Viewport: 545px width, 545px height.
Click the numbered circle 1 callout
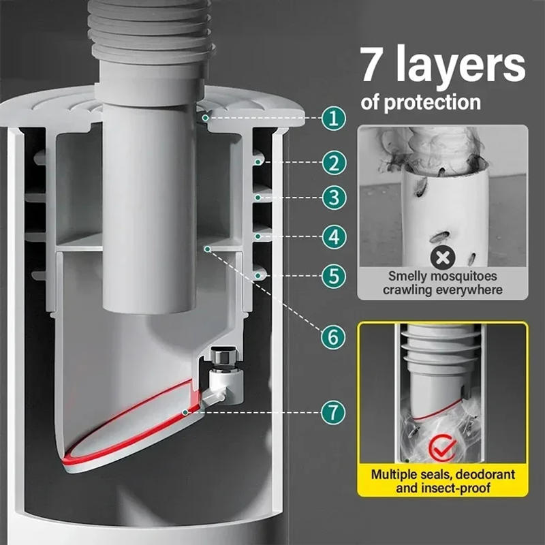click(x=332, y=119)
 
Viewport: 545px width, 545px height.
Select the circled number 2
click(x=332, y=162)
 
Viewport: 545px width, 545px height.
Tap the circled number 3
click(x=332, y=198)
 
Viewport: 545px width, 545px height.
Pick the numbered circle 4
click(x=332, y=236)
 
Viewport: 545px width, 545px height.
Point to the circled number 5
click(x=332, y=276)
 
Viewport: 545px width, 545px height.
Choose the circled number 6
click(x=332, y=336)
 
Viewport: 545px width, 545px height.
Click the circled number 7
click(x=332, y=411)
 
